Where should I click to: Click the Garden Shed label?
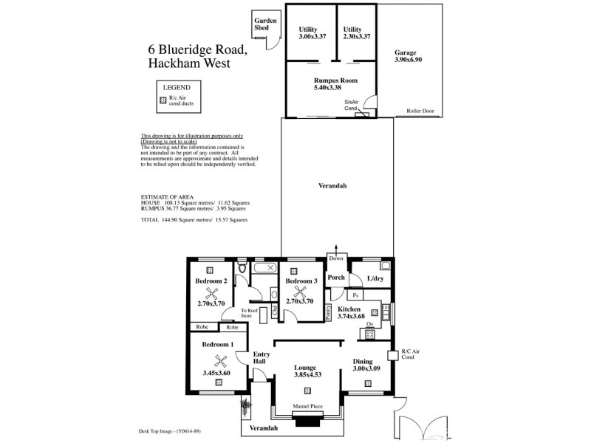[264, 24]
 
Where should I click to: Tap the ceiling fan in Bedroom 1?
[219, 360]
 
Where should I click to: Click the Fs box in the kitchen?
[356, 295]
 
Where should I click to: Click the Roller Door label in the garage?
[420, 111]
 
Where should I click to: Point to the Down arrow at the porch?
[336, 255]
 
